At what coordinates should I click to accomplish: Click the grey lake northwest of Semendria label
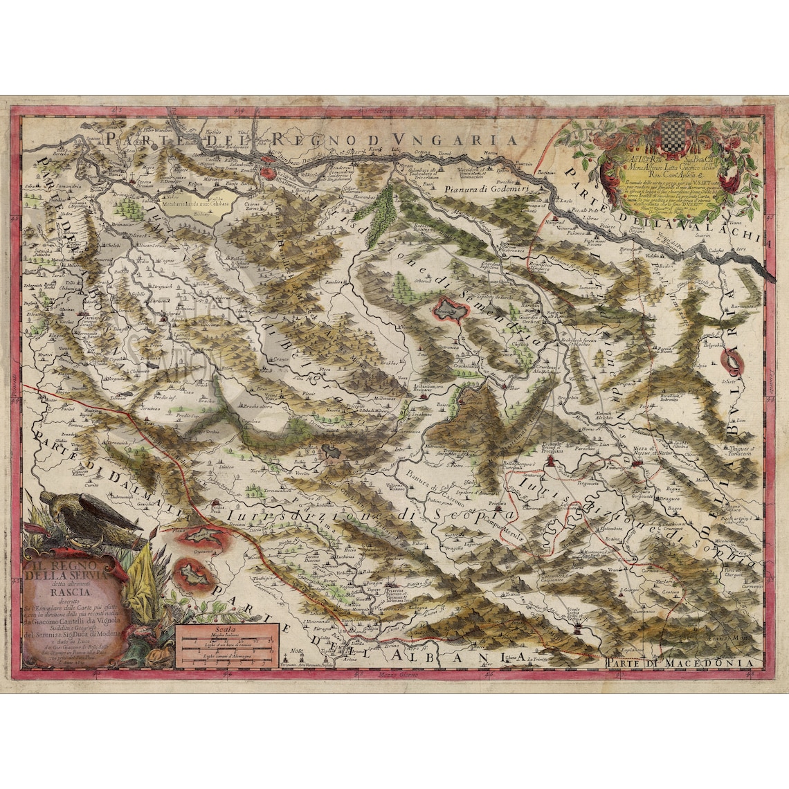451,311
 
